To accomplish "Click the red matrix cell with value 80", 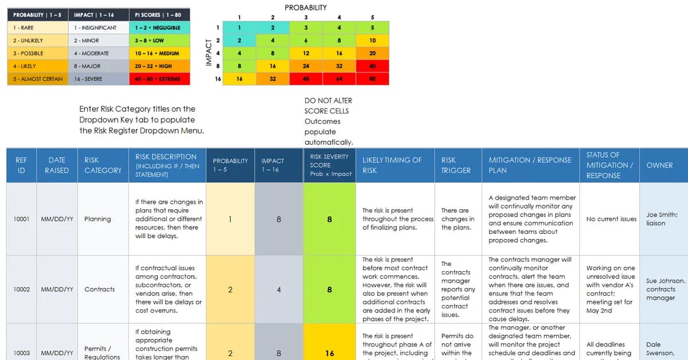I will [372, 79].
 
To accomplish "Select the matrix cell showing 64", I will [339, 79].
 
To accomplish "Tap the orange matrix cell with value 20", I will [372, 53].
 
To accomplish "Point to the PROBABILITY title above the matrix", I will [306, 7].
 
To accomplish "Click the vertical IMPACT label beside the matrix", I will [209, 53].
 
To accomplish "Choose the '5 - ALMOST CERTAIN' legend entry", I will [38, 79].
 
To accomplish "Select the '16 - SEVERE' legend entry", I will [98, 79].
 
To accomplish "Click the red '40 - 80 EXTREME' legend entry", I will [159, 79].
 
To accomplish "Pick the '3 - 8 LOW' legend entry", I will [159, 41].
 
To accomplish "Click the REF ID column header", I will [21, 165].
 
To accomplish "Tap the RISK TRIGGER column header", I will [456, 165].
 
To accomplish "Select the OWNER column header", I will [659, 165].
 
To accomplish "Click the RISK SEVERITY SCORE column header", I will [329, 165].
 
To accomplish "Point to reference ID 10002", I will [21, 289].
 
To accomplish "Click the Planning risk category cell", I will [97, 219].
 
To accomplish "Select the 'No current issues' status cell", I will [611, 219].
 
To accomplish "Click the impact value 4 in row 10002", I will [279, 289].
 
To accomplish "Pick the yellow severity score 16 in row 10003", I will [329, 353].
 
